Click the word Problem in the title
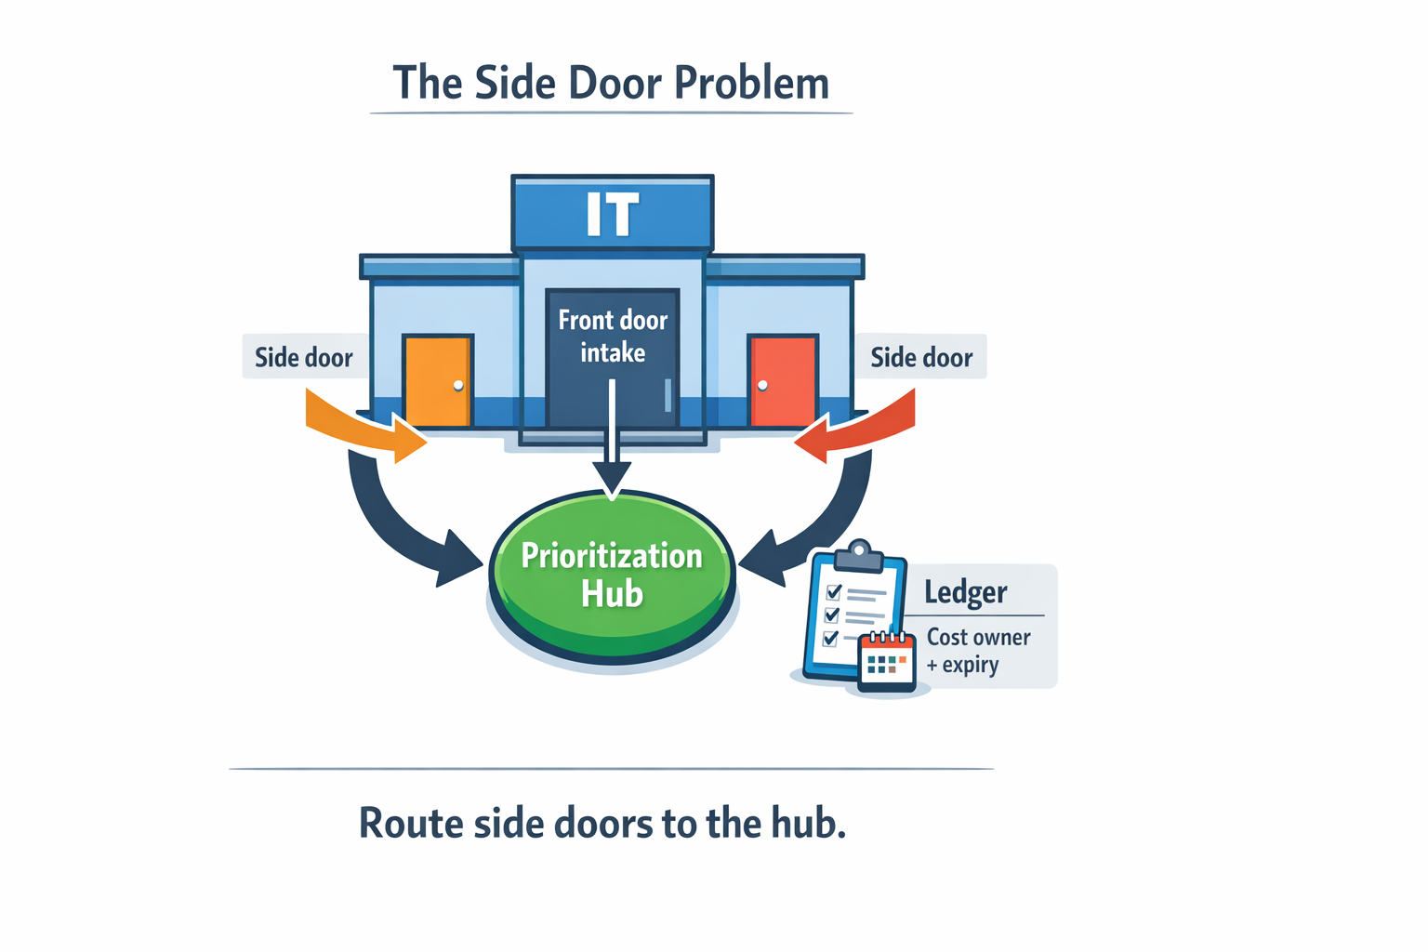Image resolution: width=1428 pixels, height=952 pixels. click(x=751, y=84)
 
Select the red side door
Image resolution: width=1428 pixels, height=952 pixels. click(x=783, y=381)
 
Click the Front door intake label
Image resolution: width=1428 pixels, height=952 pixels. click(x=613, y=337)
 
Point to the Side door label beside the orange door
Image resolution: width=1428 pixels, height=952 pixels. click(x=304, y=358)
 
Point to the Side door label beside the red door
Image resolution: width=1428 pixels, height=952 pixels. click(x=921, y=358)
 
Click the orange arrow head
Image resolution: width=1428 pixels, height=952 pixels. click(x=409, y=442)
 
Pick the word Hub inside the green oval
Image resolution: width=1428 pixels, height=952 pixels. click(x=613, y=594)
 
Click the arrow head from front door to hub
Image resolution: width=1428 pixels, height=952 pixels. click(x=612, y=481)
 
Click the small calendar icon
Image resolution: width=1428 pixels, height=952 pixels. click(x=887, y=662)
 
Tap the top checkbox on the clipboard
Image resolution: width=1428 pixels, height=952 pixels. click(x=834, y=592)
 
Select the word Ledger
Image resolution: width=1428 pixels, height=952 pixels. click(x=966, y=593)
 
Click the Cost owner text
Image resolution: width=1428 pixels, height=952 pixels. click(x=979, y=638)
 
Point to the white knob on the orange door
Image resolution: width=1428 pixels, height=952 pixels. click(x=458, y=385)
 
